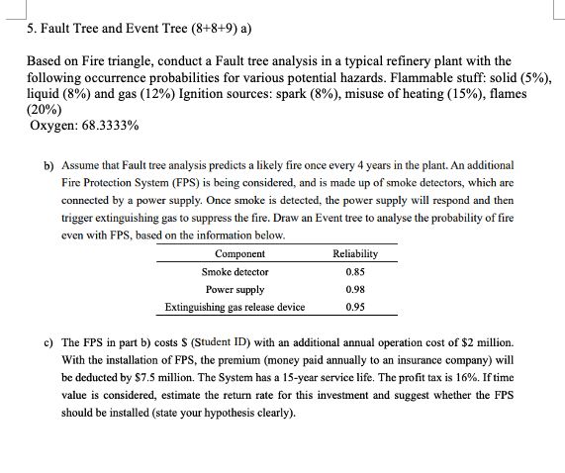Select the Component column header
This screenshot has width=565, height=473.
point(239,254)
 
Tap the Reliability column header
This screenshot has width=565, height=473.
point(354,254)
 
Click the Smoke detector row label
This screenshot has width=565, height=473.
point(235,272)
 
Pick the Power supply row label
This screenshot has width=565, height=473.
point(235,289)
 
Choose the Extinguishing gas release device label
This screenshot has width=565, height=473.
point(235,307)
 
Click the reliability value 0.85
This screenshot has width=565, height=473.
point(354,272)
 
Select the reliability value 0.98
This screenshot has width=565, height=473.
point(354,289)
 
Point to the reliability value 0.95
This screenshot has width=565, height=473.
point(354,307)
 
